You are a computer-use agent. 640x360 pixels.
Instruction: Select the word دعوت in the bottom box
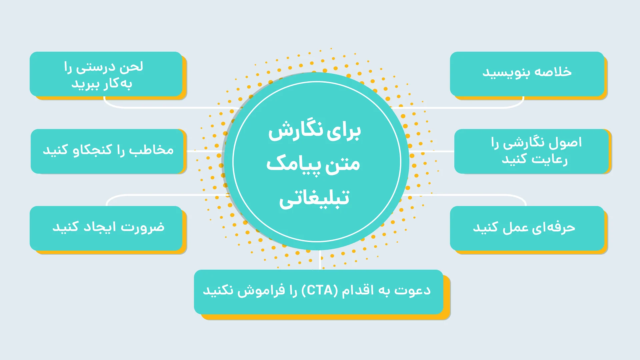(x=413, y=290)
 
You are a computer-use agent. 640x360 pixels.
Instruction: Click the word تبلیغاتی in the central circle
(x=314, y=199)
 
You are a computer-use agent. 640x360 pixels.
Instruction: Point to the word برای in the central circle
(x=344, y=131)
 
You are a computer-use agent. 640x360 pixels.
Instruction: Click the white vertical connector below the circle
(x=320, y=260)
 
